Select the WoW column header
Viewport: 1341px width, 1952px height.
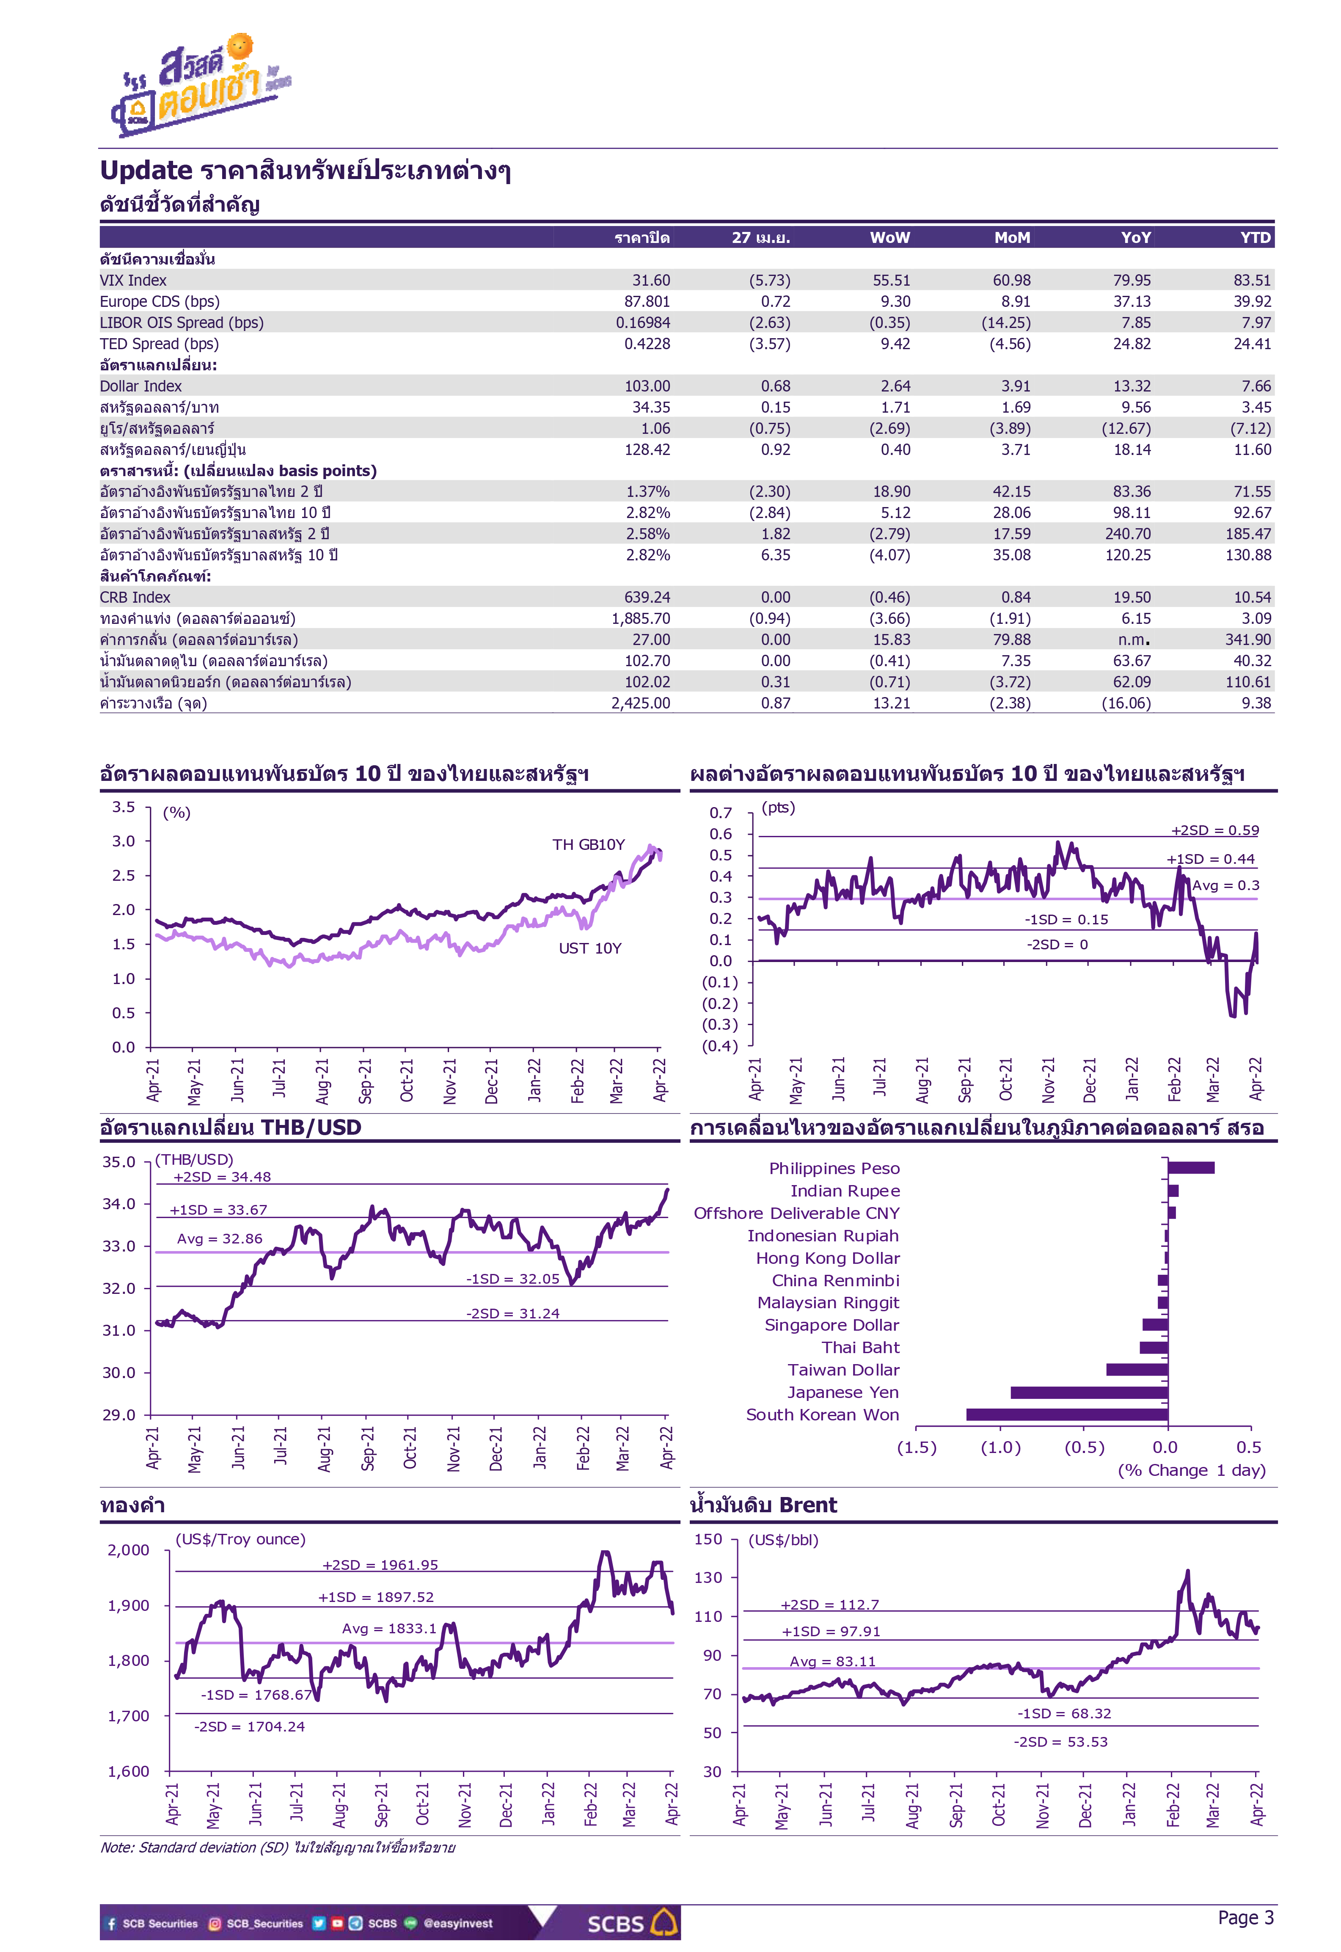890,238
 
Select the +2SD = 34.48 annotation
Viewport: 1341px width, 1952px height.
222,1177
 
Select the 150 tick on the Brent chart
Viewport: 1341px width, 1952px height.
708,1539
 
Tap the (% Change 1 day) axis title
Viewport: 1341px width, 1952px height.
1192,1470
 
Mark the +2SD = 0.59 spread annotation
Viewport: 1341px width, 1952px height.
1215,830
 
